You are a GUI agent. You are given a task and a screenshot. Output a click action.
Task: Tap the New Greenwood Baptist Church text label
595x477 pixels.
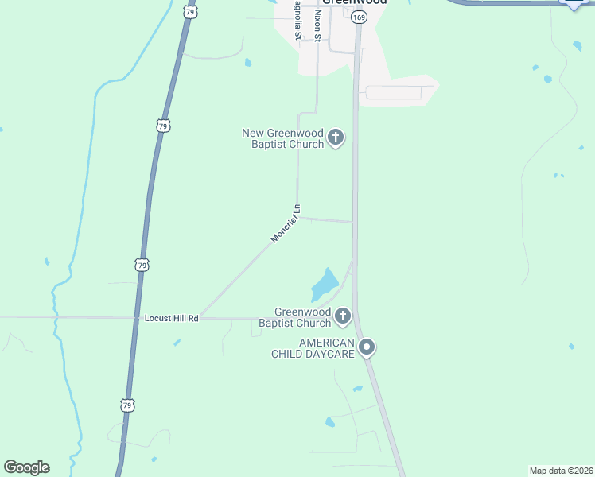pos(283,138)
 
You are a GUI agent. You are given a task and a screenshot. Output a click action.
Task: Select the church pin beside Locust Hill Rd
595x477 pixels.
pos(343,316)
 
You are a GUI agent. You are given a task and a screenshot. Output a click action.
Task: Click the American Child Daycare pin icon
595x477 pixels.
pos(367,347)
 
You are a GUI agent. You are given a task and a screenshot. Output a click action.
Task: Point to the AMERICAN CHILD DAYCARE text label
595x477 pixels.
pos(315,347)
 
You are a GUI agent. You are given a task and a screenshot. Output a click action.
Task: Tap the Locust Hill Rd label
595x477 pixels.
pos(171,318)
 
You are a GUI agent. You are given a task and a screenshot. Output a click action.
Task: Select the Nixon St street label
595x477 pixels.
pos(317,25)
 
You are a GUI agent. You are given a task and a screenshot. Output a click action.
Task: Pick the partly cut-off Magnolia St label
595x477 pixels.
pos(297,24)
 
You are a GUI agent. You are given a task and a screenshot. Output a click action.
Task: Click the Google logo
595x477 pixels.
pos(26,467)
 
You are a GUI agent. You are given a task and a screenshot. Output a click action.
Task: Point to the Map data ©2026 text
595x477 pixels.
pos(561,471)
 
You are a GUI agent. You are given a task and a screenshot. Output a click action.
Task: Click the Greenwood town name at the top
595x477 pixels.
pos(355,2)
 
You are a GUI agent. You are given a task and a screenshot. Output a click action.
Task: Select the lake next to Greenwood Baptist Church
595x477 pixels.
pos(325,284)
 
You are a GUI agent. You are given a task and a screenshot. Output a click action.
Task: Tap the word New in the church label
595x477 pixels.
pos(252,133)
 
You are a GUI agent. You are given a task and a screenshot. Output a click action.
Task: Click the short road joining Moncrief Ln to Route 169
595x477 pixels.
pos(326,220)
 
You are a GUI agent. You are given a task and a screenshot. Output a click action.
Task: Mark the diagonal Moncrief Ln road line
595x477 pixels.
pos(239,275)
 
